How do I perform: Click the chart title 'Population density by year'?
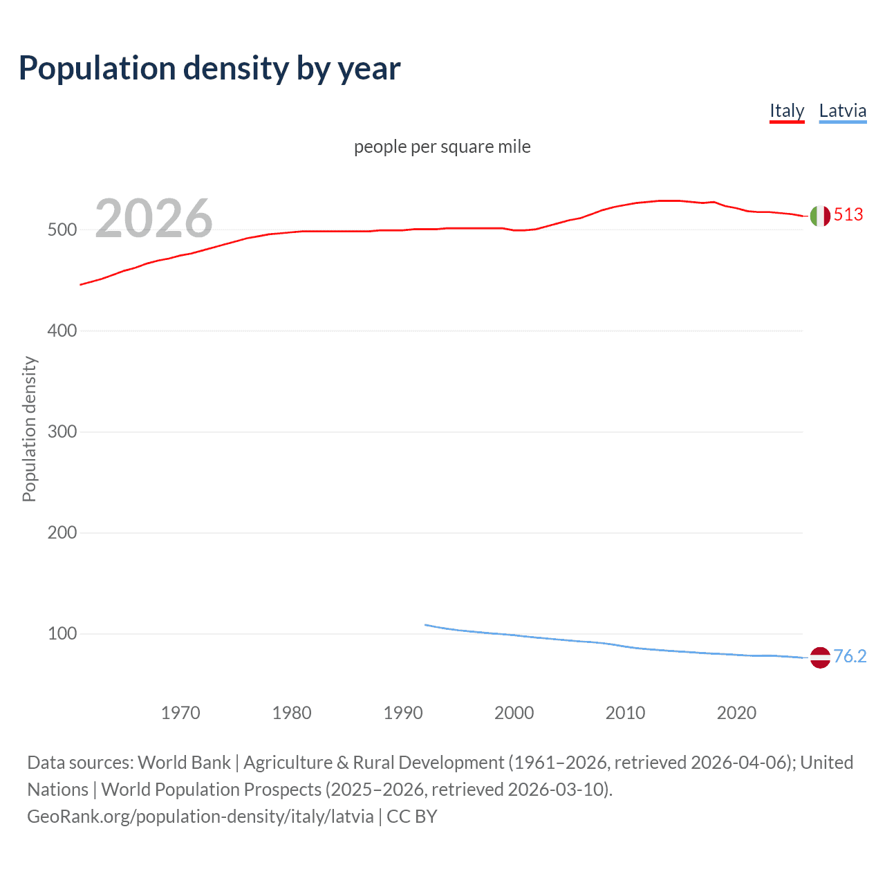click(209, 68)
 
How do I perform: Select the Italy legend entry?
click(787, 111)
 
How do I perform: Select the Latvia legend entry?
click(842, 111)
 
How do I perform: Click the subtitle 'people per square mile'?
click(442, 147)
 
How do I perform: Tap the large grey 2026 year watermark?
click(153, 218)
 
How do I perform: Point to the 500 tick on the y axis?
click(62, 230)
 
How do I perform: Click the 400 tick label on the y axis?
click(62, 331)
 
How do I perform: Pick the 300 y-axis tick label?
click(62, 432)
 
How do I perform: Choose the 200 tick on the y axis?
click(62, 533)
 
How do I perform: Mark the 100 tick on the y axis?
click(62, 634)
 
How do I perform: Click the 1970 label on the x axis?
click(180, 713)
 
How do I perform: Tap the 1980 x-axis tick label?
click(292, 713)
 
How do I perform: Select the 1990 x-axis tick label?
click(403, 713)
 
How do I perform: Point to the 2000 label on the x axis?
click(514, 713)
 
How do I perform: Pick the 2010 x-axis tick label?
click(626, 713)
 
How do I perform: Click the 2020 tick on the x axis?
click(737, 713)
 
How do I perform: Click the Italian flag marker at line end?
click(820, 216)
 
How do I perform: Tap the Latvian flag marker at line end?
click(820, 658)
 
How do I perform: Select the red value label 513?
click(848, 215)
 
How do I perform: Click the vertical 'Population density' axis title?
click(29, 429)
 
